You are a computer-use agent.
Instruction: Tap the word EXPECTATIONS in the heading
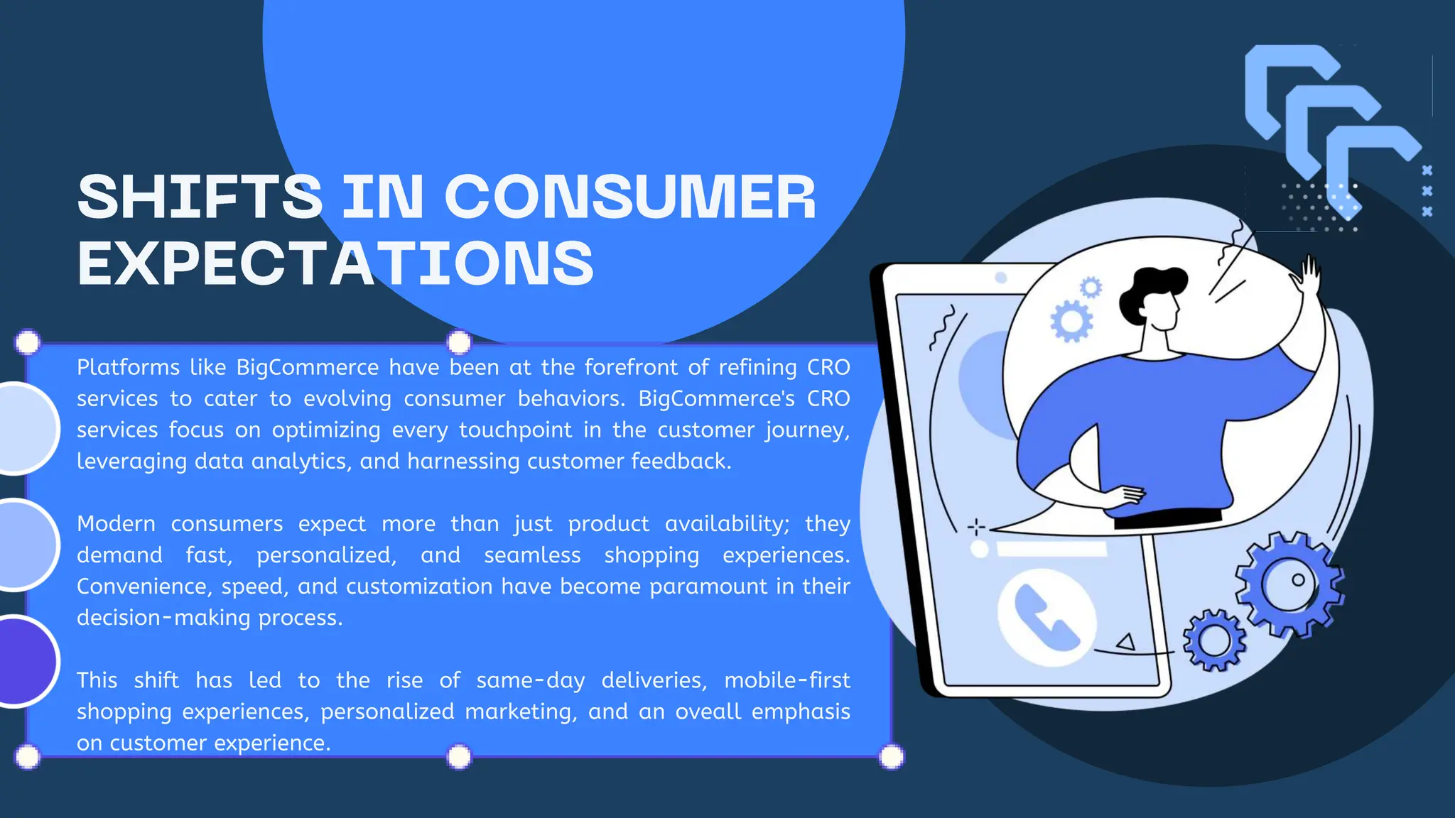coord(335,263)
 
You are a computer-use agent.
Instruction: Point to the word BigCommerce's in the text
coord(716,398)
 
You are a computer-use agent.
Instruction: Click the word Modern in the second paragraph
coord(116,524)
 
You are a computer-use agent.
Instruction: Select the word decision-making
coord(163,618)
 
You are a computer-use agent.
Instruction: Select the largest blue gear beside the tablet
coord(1289,584)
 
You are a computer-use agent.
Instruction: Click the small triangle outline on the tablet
coord(1126,642)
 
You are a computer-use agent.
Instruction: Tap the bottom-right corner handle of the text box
coord(892,757)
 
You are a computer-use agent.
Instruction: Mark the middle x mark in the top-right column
coord(1427,191)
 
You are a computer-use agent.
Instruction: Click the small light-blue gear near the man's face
coord(1091,288)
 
